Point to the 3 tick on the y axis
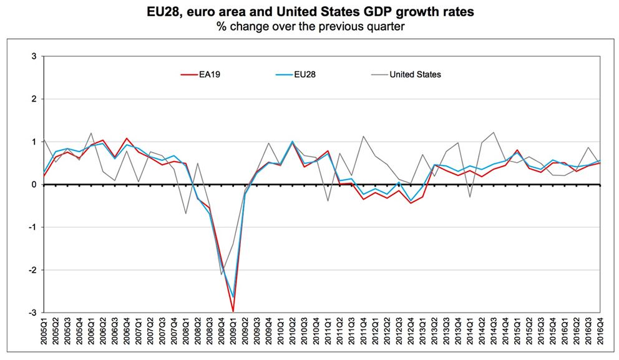(x=36, y=57)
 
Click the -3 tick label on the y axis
(x=34, y=313)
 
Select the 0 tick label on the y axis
(x=36, y=185)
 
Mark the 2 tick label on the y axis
(x=36, y=99)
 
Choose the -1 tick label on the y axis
(x=34, y=227)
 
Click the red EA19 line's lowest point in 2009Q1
(x=233, y=310)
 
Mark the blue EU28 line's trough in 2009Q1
(x=233, y=297)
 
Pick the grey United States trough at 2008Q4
(x=222, y=274)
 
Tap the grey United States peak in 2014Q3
(x=494, y=132)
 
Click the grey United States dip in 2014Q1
(x=470, y=197)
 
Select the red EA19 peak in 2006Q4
(x=127, y=139)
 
